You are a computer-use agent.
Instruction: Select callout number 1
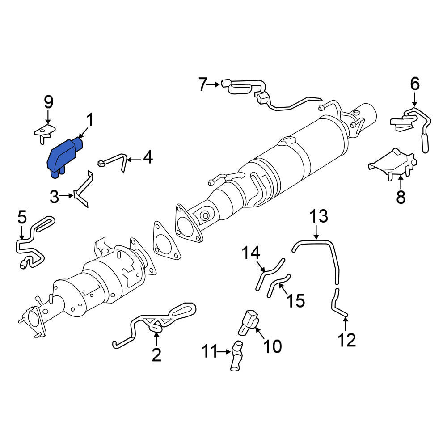pos(90,120)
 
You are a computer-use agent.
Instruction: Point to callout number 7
pos(203,84)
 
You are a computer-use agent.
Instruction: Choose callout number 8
pos(401,197)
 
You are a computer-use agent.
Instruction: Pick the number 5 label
pos(22,217)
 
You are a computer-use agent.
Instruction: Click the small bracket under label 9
pos(44,133)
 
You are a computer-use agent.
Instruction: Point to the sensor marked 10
pos(248,323)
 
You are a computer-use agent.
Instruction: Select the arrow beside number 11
pos(223,352)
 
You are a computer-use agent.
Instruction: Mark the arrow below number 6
pos(414,99)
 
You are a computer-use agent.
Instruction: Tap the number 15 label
pos(296,300)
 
